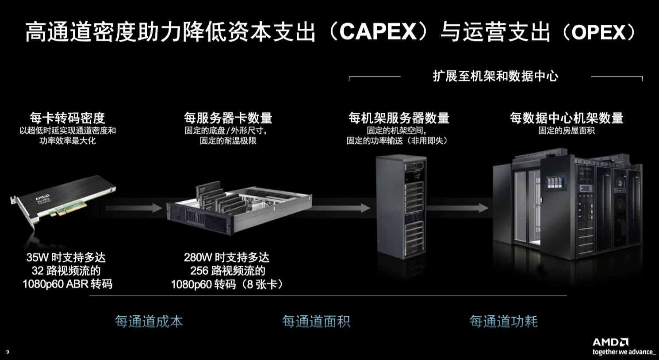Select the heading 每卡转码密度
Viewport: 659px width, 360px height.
click(x=67, y=118)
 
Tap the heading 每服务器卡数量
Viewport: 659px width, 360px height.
click(x=228, y=118)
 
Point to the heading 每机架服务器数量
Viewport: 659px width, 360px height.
click(x=398, y=118)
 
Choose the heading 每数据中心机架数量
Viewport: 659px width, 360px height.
click(x=566, y=118)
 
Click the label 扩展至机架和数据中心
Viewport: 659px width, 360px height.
click(x=495, y=76)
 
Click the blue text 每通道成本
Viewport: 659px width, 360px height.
click(x=149, y=321)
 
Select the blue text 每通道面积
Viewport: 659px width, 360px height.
click(x=316, y=321)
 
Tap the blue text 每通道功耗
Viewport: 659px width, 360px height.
click(x=504, y=321)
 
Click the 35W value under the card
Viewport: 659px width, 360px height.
click(x=37, y=257)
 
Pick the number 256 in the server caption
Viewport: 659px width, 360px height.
click(x=200, y=271)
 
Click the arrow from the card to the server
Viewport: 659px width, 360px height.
click(x=134, y=208)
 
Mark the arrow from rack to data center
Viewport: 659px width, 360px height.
click(x=458, y=208)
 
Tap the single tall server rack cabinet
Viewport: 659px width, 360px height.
click(x=401, y=207)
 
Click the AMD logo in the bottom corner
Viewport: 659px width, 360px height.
click(x=610, y=342)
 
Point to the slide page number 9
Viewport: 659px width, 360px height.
click(x=8, y=352)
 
